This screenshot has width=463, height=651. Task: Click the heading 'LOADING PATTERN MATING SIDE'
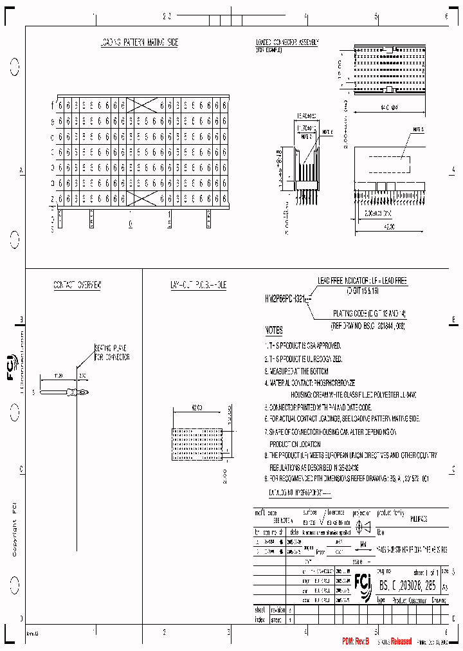pos(139,42)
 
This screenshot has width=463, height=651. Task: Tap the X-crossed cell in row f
pos(143,105)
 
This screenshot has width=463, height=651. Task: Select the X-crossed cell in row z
pos(143,198)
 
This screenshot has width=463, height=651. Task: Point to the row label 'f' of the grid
pos(53,105)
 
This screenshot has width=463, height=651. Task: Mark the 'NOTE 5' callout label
pos(417,129)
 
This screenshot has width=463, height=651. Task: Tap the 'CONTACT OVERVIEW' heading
pos(77,284)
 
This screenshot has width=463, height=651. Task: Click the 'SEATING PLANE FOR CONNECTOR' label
pos(113,353)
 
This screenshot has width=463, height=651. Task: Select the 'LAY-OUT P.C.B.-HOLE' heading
pos(198,284)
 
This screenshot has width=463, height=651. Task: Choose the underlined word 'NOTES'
pos(274,331)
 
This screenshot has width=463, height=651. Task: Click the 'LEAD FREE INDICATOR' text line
pos(363,281)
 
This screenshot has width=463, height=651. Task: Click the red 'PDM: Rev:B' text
pos(356,641)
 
